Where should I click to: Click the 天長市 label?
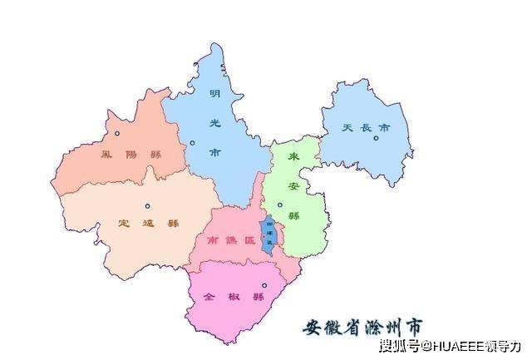coord(366,129)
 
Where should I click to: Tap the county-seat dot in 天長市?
coord(377,139)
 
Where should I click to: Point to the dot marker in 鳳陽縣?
coord(117,133)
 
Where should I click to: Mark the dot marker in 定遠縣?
coord(147,206)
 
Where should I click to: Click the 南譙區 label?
coord(225,239)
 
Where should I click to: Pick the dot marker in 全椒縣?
coord(264,286)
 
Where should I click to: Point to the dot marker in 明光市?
coord(192,143)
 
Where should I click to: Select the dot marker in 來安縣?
coord(279,205)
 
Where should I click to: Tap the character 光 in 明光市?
coord(215,122)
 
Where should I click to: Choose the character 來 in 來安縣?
coord(293,157)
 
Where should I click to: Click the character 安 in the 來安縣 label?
coord(293,185)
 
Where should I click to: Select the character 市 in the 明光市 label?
coord(215,152)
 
